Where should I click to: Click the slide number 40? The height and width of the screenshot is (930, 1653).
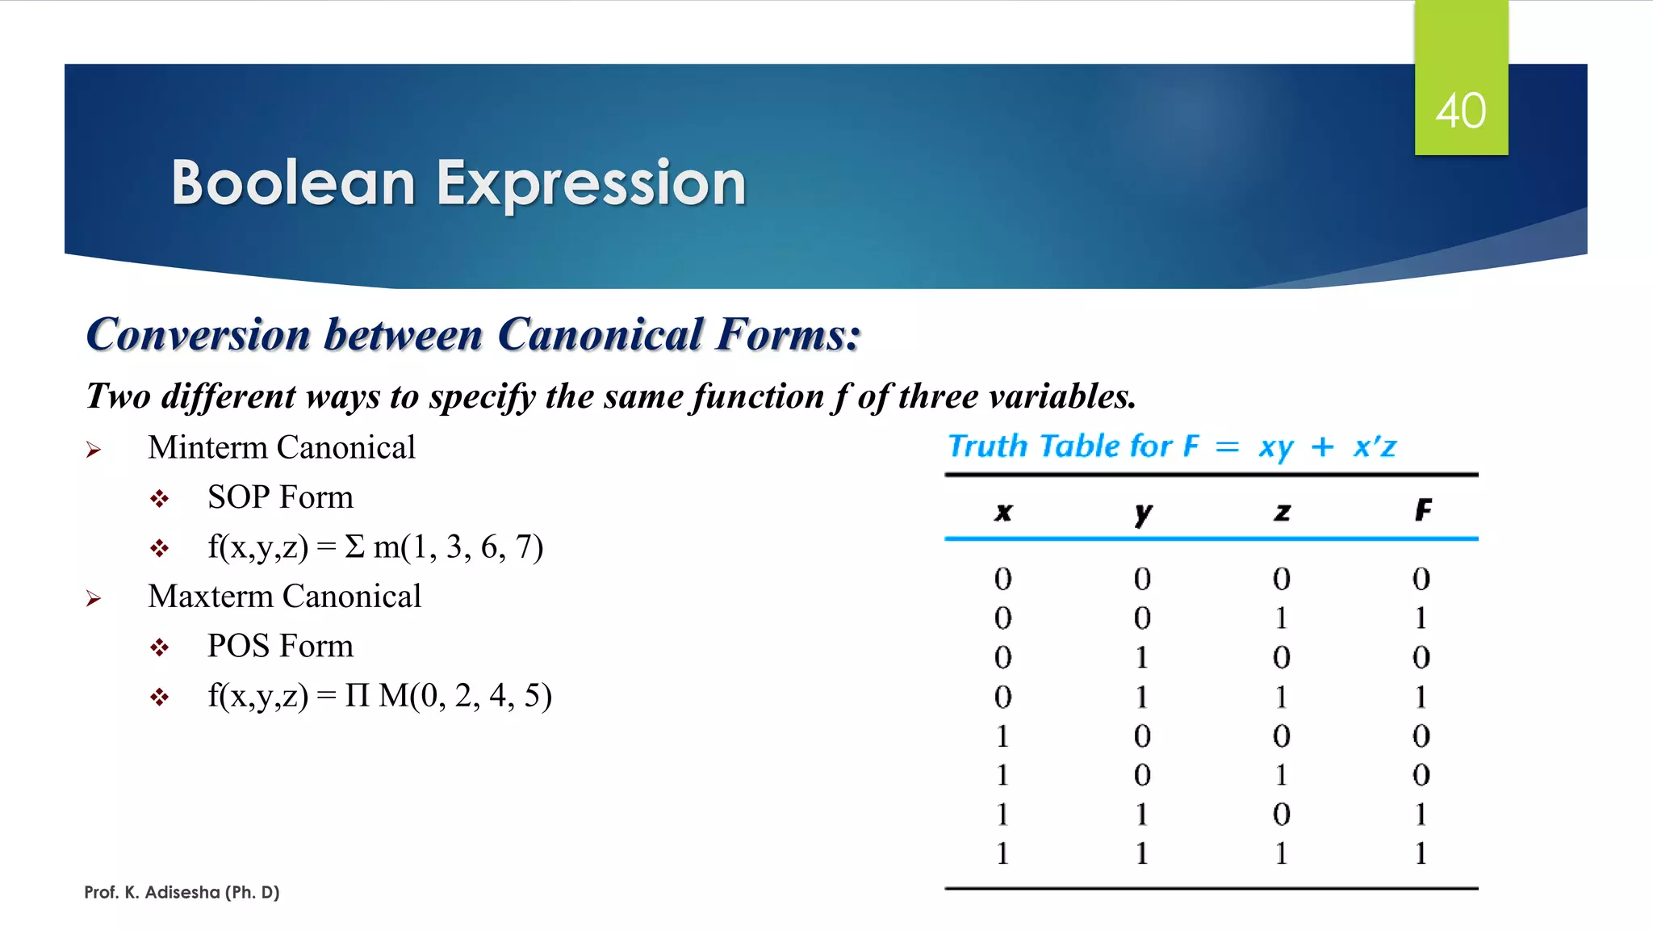(1460, 111)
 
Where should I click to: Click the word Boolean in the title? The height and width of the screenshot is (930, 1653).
(293, 183)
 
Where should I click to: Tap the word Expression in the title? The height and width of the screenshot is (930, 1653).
(591, 183)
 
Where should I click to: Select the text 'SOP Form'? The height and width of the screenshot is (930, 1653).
(280, 497)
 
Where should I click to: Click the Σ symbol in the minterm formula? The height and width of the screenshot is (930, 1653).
(354, 547)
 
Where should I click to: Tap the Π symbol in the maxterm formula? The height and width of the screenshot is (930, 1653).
(357, 695)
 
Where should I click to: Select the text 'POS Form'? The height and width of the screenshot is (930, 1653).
(280, 646)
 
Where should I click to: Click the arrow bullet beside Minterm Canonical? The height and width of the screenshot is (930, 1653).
(94, 450)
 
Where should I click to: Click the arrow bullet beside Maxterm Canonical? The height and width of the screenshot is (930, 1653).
(94, 598)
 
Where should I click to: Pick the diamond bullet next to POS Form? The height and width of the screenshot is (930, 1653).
(159, 647)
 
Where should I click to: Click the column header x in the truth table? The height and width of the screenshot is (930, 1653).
(1003, 512)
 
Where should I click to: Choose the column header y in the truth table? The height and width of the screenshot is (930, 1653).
(1143, 513)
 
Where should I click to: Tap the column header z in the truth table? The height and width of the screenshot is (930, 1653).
(1282, 512)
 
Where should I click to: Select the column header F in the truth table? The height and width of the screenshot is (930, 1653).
(1423, 510)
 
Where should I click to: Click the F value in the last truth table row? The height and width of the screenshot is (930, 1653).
(1421, 853)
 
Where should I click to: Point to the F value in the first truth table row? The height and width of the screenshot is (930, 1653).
(1421, 579)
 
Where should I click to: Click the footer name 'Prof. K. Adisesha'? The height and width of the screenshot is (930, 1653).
(152, 892)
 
